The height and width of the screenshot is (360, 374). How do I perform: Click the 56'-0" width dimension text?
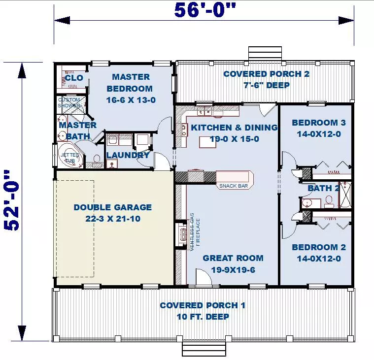click(205, 10)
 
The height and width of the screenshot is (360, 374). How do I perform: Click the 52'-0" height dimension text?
click(11, 200)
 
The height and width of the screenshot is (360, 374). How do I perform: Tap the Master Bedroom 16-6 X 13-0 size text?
click(131, 100)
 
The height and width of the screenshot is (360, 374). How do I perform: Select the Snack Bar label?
click(234, 186)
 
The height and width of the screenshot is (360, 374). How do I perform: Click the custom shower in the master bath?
click(71, 105)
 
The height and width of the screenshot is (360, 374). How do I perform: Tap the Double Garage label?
click(112, 207)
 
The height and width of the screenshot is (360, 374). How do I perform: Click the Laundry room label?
click(128, 155)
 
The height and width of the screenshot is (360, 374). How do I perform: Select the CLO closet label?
click(74, 78)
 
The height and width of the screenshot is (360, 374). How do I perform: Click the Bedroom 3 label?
click(319, 123)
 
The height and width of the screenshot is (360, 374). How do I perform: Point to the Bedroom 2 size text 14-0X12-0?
click(319, 259)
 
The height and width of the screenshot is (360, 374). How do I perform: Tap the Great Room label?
click(233, 258)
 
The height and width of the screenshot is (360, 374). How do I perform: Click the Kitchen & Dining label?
click(234, 128)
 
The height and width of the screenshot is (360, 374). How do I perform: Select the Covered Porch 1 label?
click(203, 305)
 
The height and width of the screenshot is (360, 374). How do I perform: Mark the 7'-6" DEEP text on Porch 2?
click(267, 85)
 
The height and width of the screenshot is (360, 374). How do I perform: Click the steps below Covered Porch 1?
click(204, 349)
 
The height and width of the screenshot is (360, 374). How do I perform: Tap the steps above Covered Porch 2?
click(265, 54)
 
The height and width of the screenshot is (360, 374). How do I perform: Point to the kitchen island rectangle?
click(208, 142)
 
